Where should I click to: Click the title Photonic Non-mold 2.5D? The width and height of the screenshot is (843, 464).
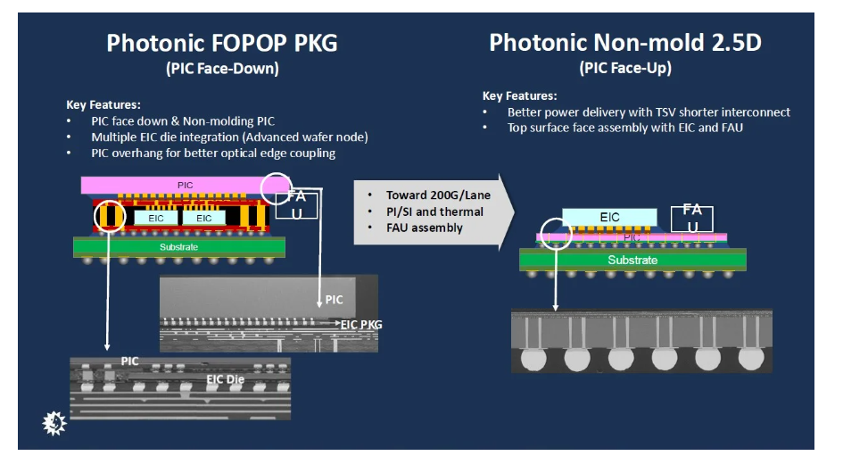[x=624, y=42]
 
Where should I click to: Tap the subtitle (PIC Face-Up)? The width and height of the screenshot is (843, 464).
[x=624, y=68]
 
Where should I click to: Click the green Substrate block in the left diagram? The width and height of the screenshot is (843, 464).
[x=179, y=246]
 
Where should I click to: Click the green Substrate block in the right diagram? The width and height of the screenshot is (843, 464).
[x=632, y=260]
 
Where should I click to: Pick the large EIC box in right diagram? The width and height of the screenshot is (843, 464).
[x=609, y=218]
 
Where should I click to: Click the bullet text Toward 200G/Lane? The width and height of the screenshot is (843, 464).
[x=438, y=195]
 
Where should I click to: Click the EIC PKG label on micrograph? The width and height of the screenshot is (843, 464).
[x=360, y=325]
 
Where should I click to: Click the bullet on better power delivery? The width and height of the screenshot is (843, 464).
[x=649, y=112]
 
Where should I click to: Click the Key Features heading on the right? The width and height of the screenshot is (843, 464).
[x=520, y=96]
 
